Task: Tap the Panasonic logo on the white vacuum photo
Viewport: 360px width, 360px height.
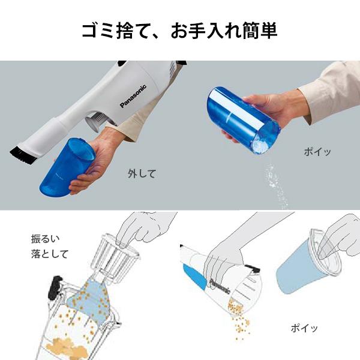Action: (x=133, y=95)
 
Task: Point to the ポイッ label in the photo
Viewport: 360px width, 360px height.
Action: (x=316, y=152)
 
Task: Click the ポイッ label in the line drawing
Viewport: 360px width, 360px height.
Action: (x=304, y=328)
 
